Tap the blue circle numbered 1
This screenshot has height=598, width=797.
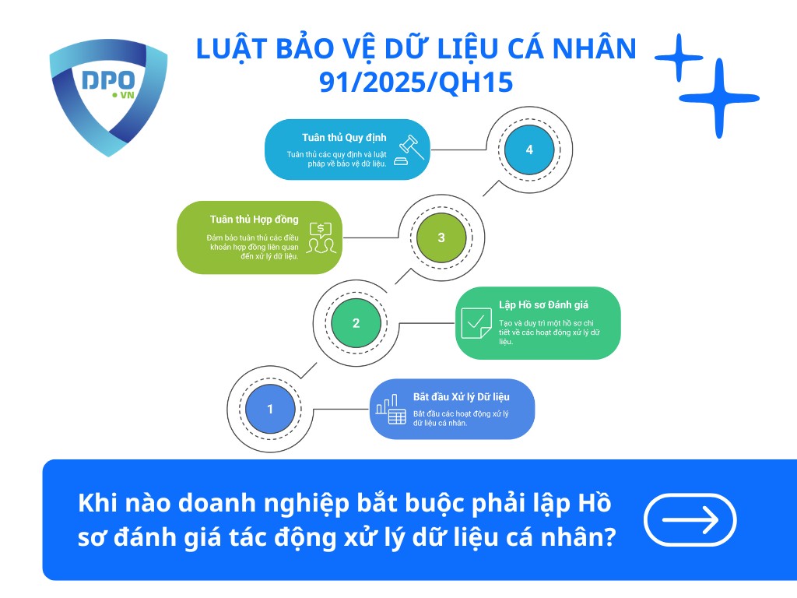click(x=270, y=409)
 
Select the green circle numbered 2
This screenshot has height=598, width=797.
click(x=356, y=323)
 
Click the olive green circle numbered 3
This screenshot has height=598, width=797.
click(x=441, y=237)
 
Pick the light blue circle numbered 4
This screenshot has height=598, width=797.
click(x=529, y=149)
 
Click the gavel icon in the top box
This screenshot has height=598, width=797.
click(x=409, y=149)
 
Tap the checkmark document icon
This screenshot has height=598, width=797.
click(x=476, y=322)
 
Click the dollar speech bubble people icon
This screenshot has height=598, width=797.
click(x=321, y=237)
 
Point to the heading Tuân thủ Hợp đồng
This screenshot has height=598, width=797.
click(x=254, y=219)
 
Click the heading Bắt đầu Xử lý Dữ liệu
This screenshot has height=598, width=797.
click(x=462, y=396)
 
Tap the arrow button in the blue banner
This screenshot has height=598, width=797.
click(x=690, y=519)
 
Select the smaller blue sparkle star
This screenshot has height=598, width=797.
click(x=679, y=57)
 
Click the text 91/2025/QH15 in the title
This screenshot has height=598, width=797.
click(x=416, y=82)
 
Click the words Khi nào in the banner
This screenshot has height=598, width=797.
click(x=125, y=503)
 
